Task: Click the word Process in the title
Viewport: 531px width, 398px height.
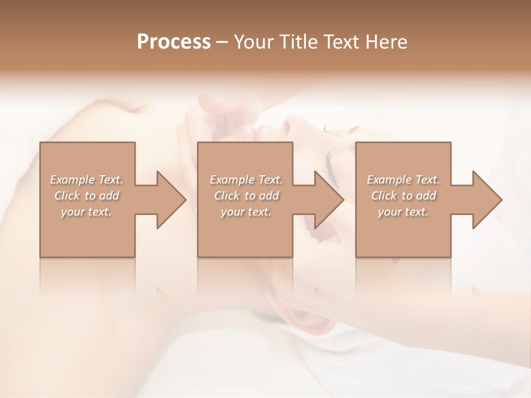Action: click(174, 41)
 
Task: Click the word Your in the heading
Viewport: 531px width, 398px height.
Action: click(252, 41)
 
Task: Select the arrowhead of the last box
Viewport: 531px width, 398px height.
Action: click(486, 200)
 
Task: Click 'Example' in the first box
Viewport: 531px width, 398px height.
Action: click(72, 180)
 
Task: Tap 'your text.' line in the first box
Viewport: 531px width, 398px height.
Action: click(86, 212)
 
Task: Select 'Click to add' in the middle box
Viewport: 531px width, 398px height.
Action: click(246, 196)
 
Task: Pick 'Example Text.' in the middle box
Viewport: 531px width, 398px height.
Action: click(246, 180)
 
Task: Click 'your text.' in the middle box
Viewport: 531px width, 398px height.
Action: click(246, 212)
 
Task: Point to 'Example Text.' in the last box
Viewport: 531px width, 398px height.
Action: click(403, 180)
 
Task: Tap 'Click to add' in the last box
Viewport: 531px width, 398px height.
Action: click(403, 196)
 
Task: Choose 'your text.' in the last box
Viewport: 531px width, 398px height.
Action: click(403, 212)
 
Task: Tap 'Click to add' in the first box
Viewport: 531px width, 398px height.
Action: click(86, 196)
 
